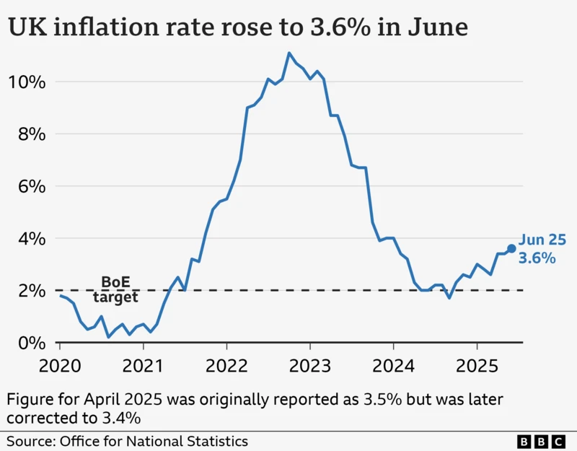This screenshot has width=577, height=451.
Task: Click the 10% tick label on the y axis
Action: [27, 82]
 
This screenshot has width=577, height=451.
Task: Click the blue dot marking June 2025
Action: [511, 248]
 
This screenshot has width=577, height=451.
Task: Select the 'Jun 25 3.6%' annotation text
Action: [542, 249]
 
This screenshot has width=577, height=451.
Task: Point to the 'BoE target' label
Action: [115, 289]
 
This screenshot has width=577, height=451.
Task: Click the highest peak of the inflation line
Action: [289, 53]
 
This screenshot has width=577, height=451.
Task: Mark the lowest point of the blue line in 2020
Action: [108, 337]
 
